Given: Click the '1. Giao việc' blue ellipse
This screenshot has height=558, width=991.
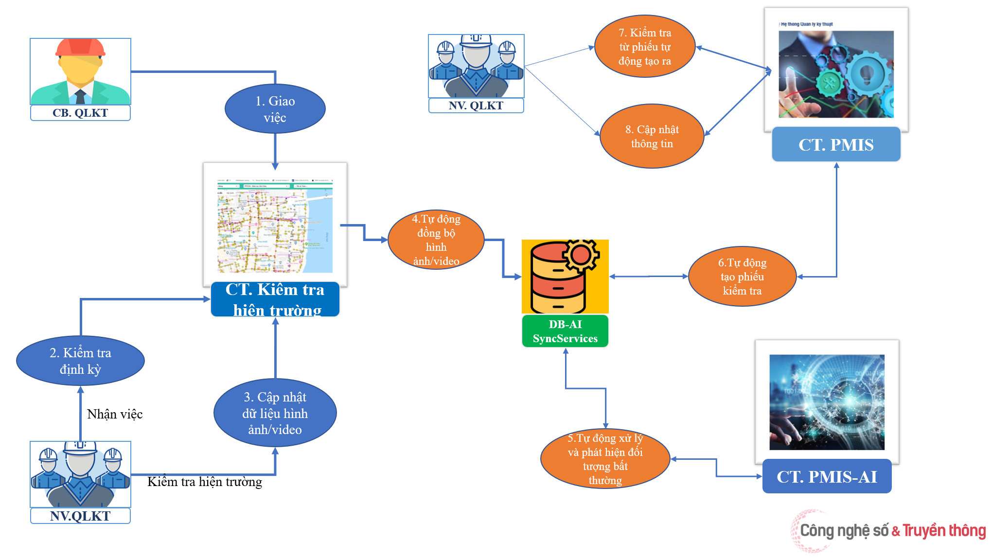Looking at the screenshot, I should coord(275,109).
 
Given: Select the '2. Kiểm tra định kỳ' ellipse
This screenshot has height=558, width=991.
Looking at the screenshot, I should coord(80,361).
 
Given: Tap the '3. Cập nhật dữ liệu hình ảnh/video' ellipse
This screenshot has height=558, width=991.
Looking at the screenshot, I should coord(275,413).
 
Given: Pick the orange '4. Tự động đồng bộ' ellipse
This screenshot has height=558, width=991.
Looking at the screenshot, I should coord(436,240).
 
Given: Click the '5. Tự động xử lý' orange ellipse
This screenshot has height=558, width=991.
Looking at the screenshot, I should coord(605,459).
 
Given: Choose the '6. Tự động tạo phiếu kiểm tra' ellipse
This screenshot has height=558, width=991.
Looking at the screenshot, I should coord(742,277).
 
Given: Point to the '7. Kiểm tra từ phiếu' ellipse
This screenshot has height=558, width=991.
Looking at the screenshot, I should coord(645,47).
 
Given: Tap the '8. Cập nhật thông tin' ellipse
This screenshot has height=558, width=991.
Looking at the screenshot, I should coord(652,137).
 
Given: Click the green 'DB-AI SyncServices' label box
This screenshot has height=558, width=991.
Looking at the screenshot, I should coord(565,331).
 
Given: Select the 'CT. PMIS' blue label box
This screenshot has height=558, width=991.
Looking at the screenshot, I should coord(836,145).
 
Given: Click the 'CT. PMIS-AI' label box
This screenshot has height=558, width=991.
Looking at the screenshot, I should coord(827,477).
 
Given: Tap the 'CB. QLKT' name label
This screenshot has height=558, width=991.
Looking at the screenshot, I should coord(80,113).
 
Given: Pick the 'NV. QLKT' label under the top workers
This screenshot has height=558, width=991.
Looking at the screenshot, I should coord(476,105).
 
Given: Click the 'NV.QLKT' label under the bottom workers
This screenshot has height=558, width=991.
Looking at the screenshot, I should coord(80,516).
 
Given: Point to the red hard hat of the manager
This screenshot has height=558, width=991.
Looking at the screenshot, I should coord(80,48).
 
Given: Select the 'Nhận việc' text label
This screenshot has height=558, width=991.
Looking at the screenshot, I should coord(115,414).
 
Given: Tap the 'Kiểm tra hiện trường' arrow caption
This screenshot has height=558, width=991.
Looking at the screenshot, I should coord(205,482).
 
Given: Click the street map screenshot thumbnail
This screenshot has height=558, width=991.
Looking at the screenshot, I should coord(275,225).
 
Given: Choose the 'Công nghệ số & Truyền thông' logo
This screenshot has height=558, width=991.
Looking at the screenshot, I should coord(890,530).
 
